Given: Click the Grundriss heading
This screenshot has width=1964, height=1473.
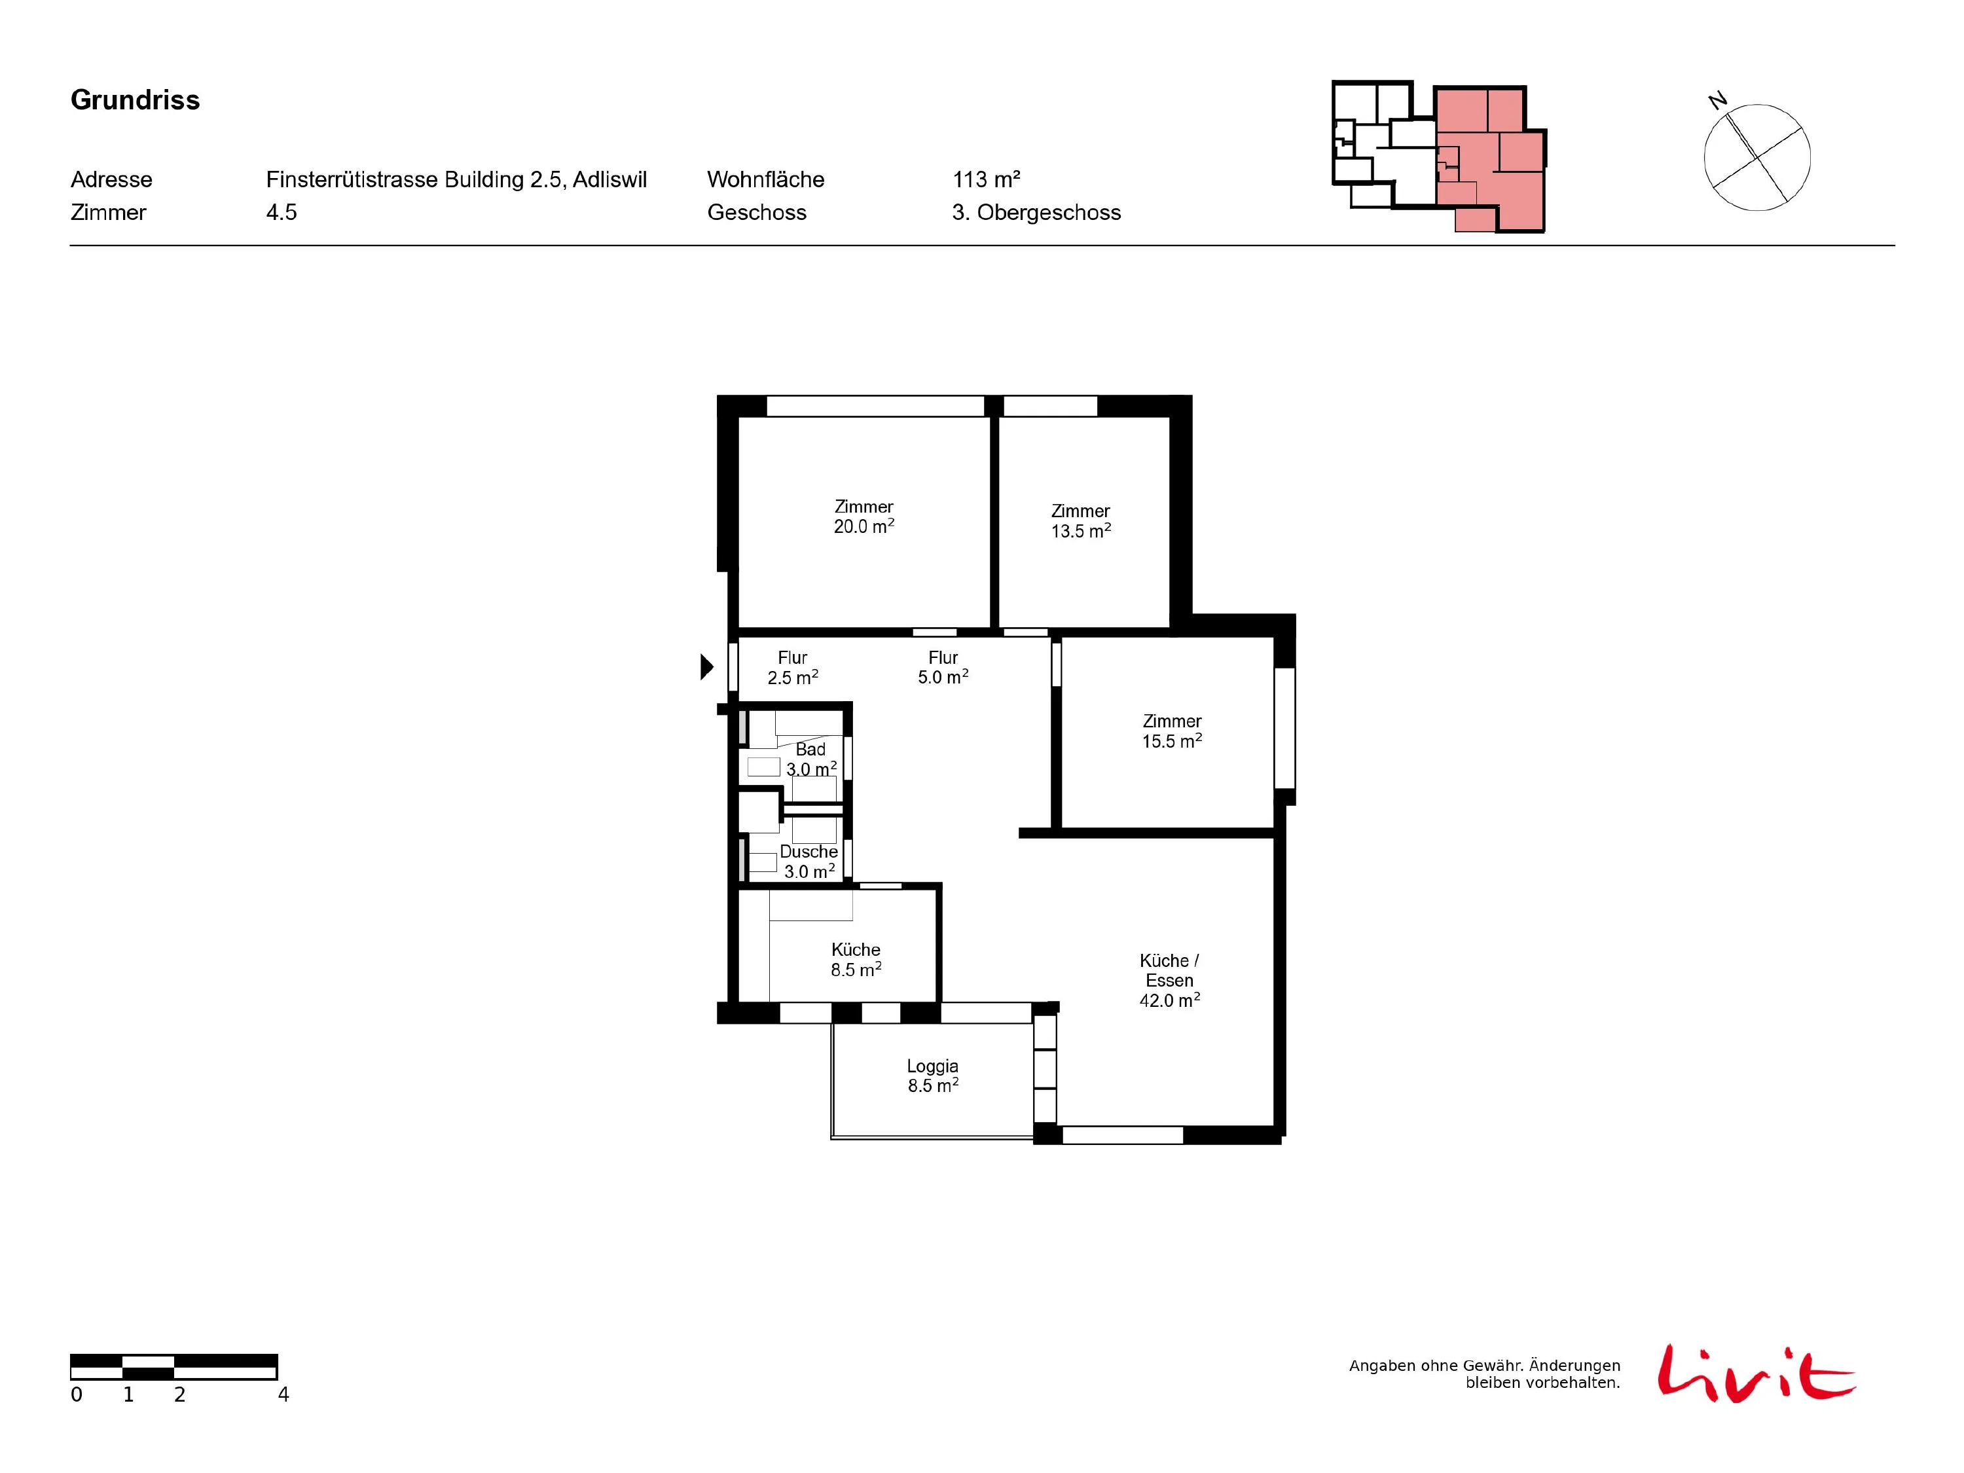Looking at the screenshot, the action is (x=135, y=100).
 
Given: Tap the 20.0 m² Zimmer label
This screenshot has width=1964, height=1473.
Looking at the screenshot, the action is (x=864, y=517).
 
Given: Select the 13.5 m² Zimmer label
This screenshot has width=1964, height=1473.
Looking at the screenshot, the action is (x=1081, y=521).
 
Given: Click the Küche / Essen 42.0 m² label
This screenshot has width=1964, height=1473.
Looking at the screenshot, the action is (x=1169, y=980).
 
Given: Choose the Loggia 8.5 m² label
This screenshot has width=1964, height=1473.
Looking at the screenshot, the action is (x=932, y=1075).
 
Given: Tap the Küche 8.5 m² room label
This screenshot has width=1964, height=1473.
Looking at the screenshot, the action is (x=856, y=960).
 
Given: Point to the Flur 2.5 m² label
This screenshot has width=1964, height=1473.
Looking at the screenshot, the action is (x=793, y=668).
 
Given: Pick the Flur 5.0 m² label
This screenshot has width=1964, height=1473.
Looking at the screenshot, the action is (x=943, y=667).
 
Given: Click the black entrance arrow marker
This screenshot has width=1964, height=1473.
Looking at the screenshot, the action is (x=707, y=666).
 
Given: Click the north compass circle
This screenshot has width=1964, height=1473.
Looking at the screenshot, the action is (x=1757, y=157).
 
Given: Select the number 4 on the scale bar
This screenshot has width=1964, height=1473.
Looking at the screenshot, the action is (x=283, y=1395).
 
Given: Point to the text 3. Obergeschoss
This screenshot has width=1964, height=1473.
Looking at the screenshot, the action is (x=1036, y=212).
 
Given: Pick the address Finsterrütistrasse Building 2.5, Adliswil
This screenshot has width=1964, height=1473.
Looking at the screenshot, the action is (x=456, y=179).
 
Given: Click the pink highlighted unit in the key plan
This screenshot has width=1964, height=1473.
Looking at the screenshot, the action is (x=1491, y=160).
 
